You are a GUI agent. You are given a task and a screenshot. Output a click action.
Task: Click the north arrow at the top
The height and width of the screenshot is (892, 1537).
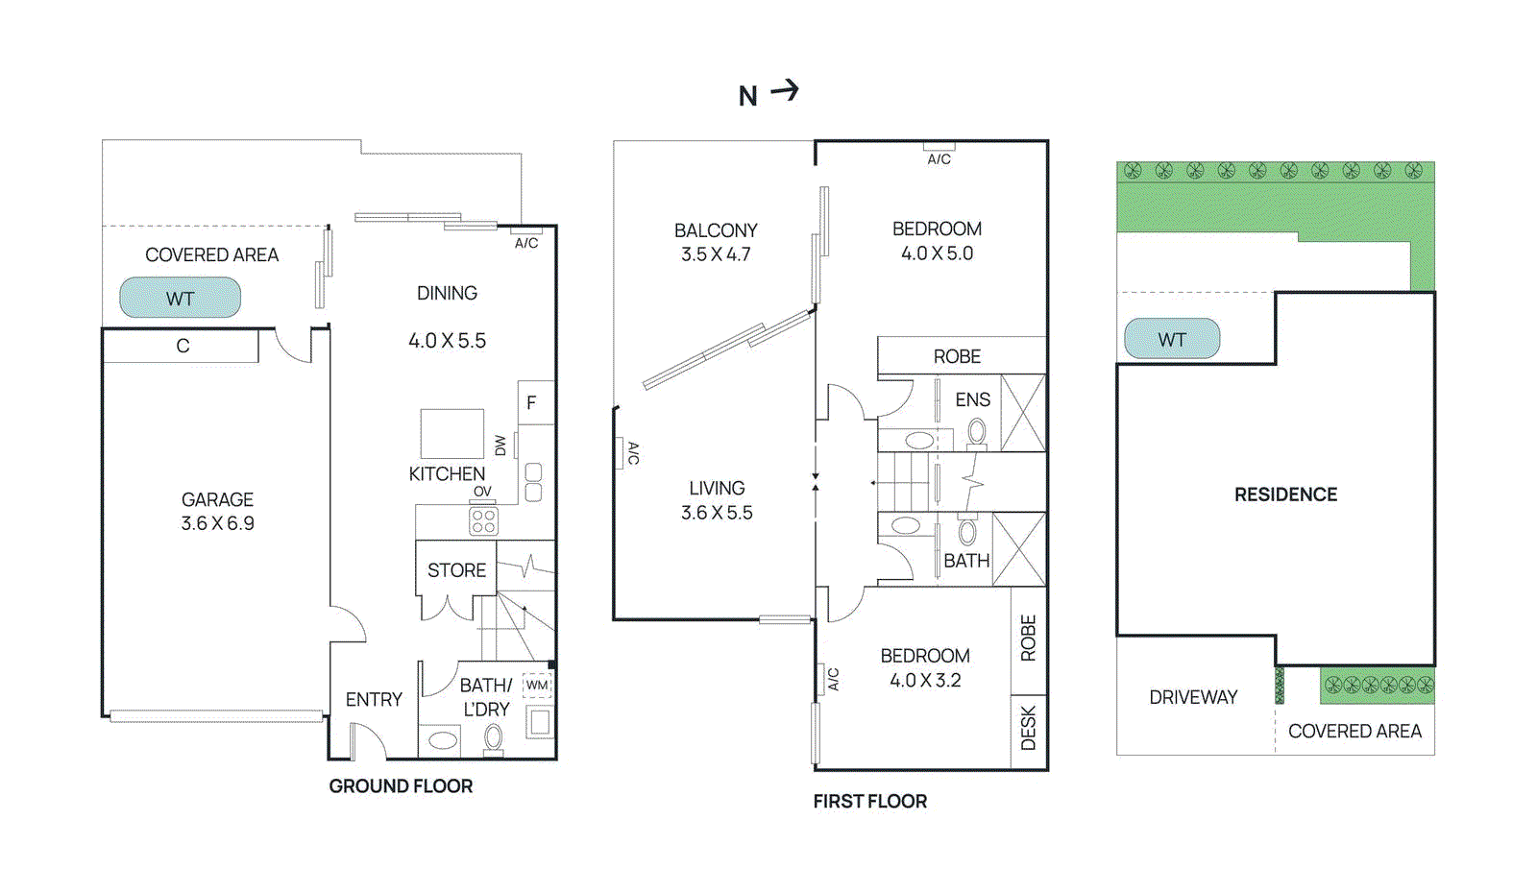click(784, 91)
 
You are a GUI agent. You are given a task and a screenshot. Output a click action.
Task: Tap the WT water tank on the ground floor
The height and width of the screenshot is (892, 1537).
click(180, 298)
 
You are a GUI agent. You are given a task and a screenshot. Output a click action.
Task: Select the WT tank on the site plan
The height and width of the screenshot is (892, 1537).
click(1172, 339)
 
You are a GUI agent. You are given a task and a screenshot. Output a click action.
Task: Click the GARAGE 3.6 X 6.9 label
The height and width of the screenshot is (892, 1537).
click(218, 511)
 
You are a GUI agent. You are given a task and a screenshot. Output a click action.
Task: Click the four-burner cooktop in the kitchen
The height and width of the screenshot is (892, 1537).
click(483, 521)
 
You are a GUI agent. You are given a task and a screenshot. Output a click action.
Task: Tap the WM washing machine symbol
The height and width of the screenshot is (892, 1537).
click(537, 686)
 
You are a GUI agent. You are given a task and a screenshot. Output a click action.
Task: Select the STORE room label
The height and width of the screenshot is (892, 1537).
click(456, 570)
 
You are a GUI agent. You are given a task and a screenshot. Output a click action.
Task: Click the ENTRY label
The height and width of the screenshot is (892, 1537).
click(374, 700)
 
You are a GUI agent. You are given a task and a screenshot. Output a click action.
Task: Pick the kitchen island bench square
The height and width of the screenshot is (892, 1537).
click(451, 433)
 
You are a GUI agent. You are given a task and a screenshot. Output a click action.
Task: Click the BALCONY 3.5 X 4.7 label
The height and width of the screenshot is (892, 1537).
click(716, 242)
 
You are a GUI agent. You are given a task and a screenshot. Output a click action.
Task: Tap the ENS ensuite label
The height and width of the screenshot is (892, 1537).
click(972, 399)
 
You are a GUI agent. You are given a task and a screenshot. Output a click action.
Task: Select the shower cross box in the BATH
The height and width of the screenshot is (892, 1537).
click(1019, 549)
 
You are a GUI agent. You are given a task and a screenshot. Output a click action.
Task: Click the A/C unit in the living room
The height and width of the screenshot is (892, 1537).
click(621, 452)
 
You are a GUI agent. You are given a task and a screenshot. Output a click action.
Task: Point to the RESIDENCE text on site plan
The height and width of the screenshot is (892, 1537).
click(1285, 494)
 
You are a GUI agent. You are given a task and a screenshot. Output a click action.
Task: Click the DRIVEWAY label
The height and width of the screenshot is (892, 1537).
click(1193, 697)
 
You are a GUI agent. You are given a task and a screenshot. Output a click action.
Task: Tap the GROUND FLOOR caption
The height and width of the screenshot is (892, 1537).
click(401, 786)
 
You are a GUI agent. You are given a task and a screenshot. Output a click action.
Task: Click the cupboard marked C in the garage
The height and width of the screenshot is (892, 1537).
click(182, 347)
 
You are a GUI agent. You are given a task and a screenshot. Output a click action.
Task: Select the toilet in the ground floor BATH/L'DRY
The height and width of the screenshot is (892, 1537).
click(493, 738)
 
